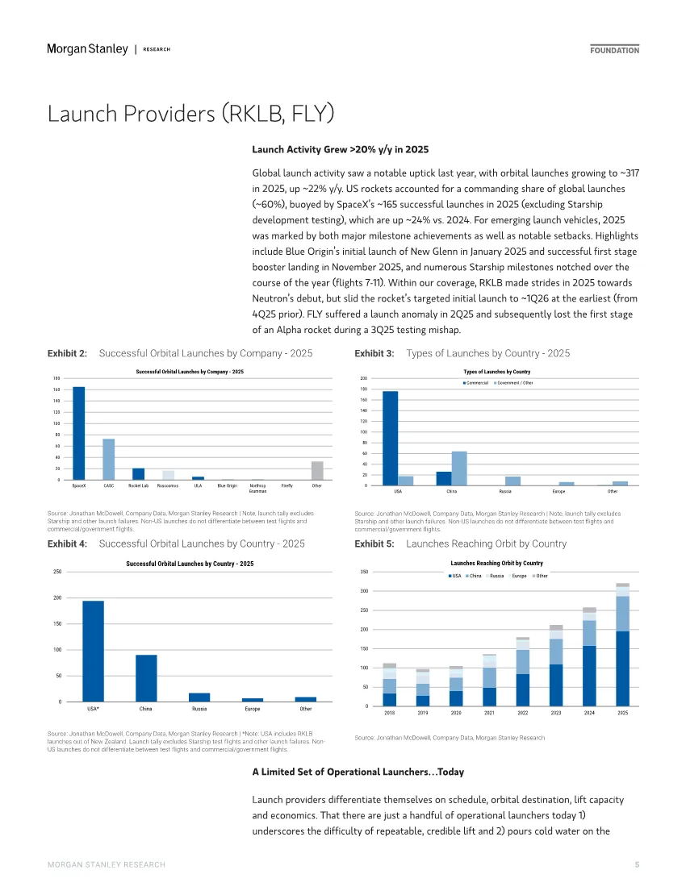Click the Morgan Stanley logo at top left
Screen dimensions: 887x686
click(87, 49)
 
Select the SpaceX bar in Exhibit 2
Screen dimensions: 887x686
click(79, 433)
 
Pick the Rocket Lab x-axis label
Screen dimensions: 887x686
click(138, 486)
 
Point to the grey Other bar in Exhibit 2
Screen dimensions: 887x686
click(317, 470)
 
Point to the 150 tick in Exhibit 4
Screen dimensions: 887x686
click(56, 624)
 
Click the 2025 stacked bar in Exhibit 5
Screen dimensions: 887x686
click(622, 644)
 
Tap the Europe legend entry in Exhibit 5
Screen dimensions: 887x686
click(516, 576)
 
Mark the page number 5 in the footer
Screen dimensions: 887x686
click(637, 864)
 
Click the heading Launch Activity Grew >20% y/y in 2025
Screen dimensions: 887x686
click(340, 150)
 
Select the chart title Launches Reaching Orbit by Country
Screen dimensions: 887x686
click(496, 563)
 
